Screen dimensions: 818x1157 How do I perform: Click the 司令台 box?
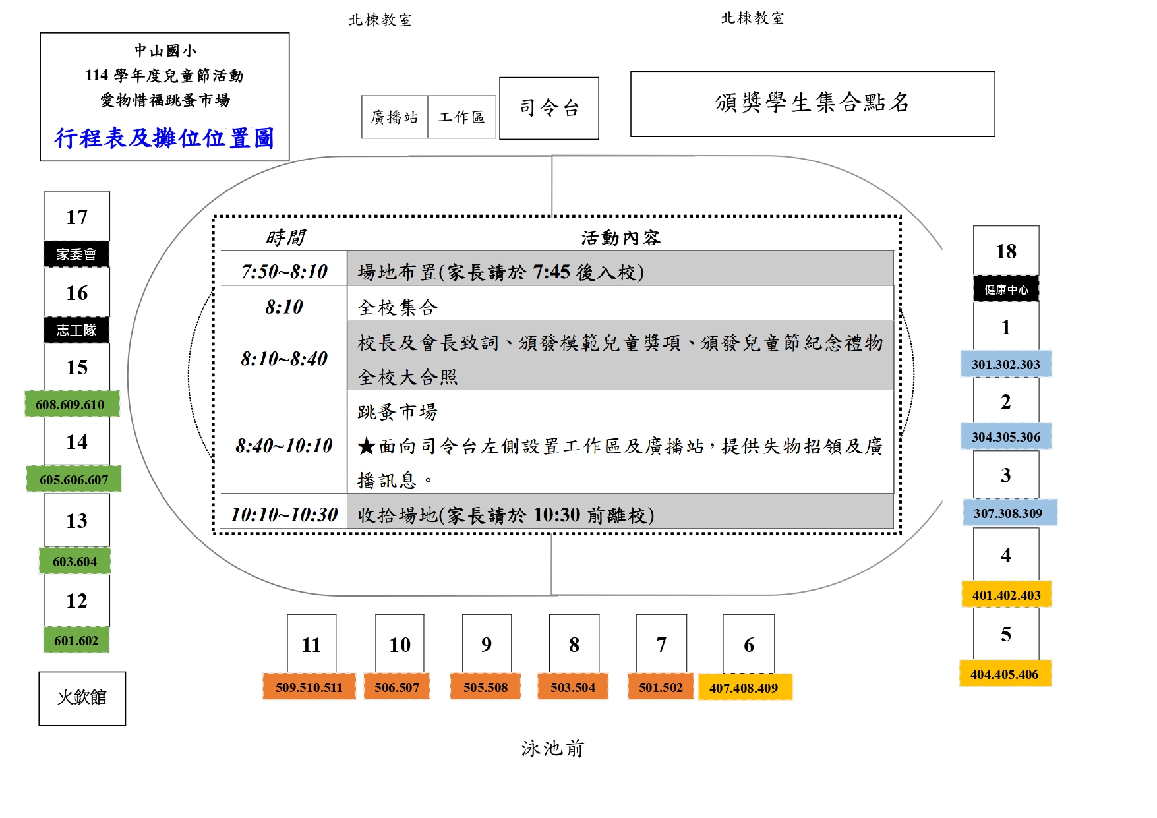pos(549,108)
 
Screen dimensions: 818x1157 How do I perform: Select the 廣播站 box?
pos(394,117)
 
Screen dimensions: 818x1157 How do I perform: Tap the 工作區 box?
pos(461,117)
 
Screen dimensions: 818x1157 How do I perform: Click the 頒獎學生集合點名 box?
pos(812,103)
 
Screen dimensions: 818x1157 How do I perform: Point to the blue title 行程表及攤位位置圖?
pos(164,138)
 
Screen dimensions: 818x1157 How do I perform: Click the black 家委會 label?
pos(76,254)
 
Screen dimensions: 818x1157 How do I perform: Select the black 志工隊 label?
pos(76,330)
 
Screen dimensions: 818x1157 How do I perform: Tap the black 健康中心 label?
pos(1006,289)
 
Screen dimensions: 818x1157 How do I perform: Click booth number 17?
pos(76,217)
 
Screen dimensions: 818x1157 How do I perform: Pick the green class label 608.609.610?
pos(71,404)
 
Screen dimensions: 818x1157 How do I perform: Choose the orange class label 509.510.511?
pos(309,687)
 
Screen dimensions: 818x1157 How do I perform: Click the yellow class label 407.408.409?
pos(744,687)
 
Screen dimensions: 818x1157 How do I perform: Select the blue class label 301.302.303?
pos(1005,364)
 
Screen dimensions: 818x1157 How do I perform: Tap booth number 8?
pos(574,644)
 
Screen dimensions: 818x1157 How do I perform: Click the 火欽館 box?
pos(82,698)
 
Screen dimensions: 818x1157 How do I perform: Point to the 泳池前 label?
pos(552,748)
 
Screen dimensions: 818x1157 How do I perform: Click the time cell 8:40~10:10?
pos(284,445)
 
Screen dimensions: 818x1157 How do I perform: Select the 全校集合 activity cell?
pos(620,307)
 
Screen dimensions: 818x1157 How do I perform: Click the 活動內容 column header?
pos(620,237)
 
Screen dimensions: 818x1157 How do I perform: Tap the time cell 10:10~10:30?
pos(284,514)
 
